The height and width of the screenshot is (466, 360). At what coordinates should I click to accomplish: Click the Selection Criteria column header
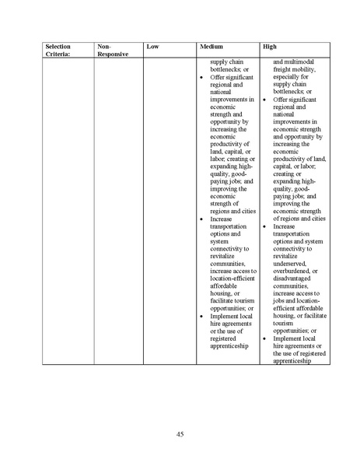[x=58, y=50]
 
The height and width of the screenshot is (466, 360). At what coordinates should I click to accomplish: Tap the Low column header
[x=152, y=47]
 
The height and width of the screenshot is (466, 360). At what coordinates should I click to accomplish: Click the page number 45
[x=180, y=433]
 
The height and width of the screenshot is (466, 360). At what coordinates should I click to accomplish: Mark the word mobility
[x=306, y=68]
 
